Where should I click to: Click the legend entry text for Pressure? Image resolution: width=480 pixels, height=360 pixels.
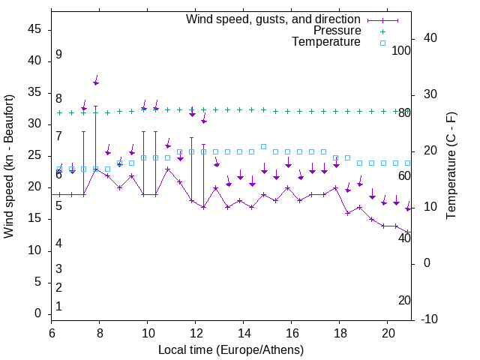click(x=337, y=31)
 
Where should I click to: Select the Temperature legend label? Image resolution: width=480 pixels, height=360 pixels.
click(x=326, y=42)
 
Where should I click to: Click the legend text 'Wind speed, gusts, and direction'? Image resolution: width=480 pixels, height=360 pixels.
click(x=273, y=19)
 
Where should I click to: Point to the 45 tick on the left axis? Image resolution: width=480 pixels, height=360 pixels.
click(x=35, y=29)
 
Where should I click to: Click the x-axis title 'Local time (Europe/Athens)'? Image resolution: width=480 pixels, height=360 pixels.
click(x=231, y=349)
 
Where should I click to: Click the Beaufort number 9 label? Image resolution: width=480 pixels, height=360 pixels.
click(x=58, y=55)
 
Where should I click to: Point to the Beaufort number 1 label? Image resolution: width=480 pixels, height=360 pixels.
click(x=58, y=306)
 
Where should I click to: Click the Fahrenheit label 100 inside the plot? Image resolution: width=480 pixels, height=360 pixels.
click(x=401, y=51)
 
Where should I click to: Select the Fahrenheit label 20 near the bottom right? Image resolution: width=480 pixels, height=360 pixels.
click(x=404, y=300)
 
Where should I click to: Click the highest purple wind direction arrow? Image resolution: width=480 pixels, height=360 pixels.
click(x=96, y=82)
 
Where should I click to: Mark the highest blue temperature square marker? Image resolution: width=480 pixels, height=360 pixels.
click(x=263, y=146)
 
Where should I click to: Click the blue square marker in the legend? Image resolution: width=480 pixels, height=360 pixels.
click(x=382, y=43)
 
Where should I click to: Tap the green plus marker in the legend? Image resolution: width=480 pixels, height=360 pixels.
click(x=382, y=31)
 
